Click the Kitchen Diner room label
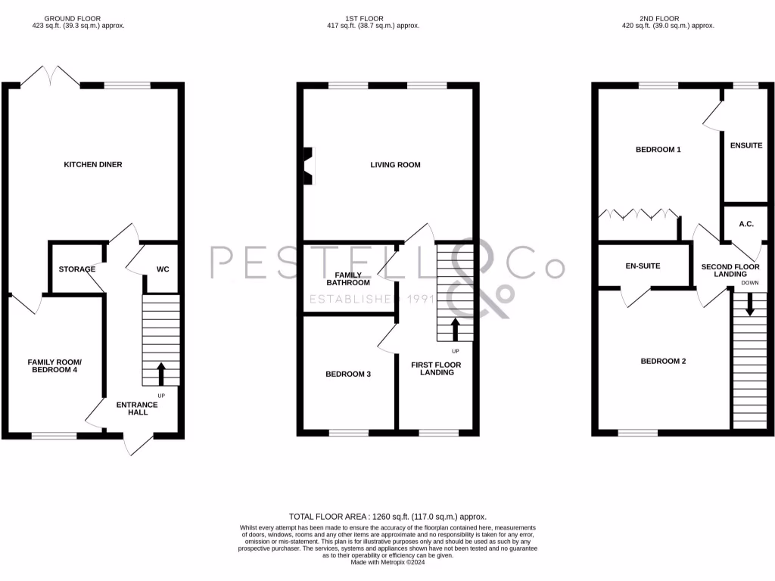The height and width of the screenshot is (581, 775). point(92,164)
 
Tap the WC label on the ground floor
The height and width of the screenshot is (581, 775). point(162,269)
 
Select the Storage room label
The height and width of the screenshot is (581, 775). point(77,269)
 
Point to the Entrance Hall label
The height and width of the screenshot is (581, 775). point(137,409)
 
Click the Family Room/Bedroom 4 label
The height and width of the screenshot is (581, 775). point(54,366)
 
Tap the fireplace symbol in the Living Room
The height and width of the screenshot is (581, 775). point(307,165)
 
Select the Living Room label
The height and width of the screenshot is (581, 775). point(395,164)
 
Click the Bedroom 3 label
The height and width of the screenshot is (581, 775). point(347,374)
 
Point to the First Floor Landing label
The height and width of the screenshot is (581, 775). point(436,368)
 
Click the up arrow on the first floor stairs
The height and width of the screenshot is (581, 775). point(455,330)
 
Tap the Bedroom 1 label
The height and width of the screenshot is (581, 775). point(658,150)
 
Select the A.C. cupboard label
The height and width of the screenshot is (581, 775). point(745,224)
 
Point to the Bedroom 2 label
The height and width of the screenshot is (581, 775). point(663,361)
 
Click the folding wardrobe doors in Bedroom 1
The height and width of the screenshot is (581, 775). point(637,213)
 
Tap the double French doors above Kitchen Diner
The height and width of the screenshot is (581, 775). point(50,76)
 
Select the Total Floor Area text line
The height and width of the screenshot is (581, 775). point(387,516)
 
